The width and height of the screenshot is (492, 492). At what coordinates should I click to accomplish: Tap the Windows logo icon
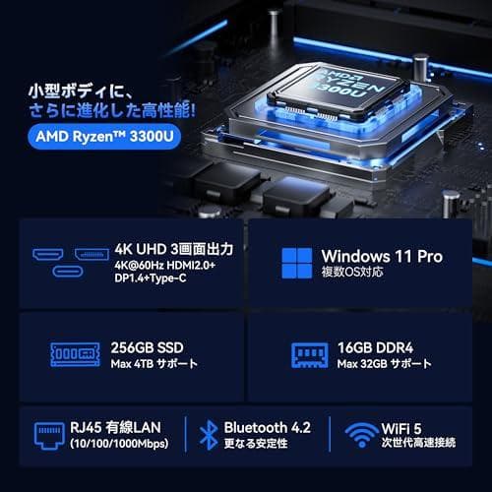coord(296,263)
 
